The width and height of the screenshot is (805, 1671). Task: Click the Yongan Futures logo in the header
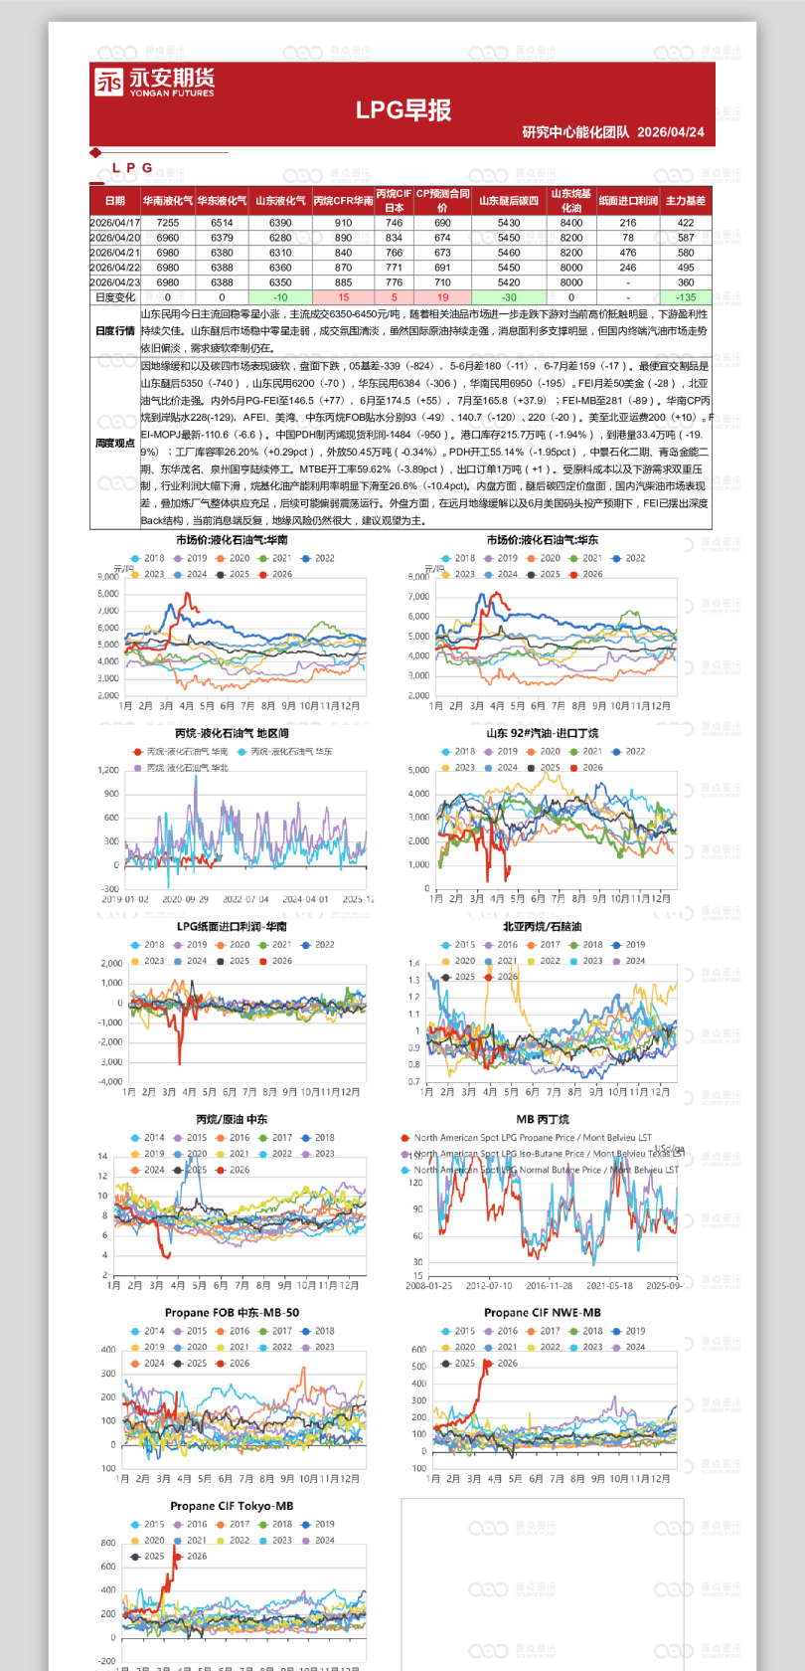click(154, 82)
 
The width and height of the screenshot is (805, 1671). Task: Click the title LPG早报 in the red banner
click(403, 110)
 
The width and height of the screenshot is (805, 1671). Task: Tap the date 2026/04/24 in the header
click(671, 132)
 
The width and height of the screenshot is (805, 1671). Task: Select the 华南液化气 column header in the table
click(168, 201)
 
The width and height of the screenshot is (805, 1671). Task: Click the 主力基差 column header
click(686, 201)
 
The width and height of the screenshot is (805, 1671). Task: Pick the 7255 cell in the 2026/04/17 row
click(168, 223)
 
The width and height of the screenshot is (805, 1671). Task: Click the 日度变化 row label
click(115, 297)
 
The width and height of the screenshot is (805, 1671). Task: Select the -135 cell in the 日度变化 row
click(686, 297)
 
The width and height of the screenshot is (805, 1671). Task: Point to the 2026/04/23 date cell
click(115, 282)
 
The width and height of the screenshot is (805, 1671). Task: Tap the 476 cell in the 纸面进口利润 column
click(628, 253)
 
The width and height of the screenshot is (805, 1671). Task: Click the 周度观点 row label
click(115, 444)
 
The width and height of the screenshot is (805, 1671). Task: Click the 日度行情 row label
click(115, 331)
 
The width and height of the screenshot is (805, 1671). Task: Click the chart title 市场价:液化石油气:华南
click(233, 540)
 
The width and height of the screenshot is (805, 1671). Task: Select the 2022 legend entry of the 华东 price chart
click(630, 558)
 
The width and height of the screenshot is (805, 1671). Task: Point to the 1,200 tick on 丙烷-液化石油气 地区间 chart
click(108, 770)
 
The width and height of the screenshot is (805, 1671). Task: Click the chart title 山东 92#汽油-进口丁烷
click(543, 733)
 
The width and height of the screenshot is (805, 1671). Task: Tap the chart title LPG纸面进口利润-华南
click(233, 926)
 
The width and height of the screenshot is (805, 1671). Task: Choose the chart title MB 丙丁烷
click(543, 1119)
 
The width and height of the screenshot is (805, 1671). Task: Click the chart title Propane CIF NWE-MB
click(543, 1313)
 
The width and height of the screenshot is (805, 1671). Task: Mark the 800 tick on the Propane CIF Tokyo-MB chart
click(108, 1543)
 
